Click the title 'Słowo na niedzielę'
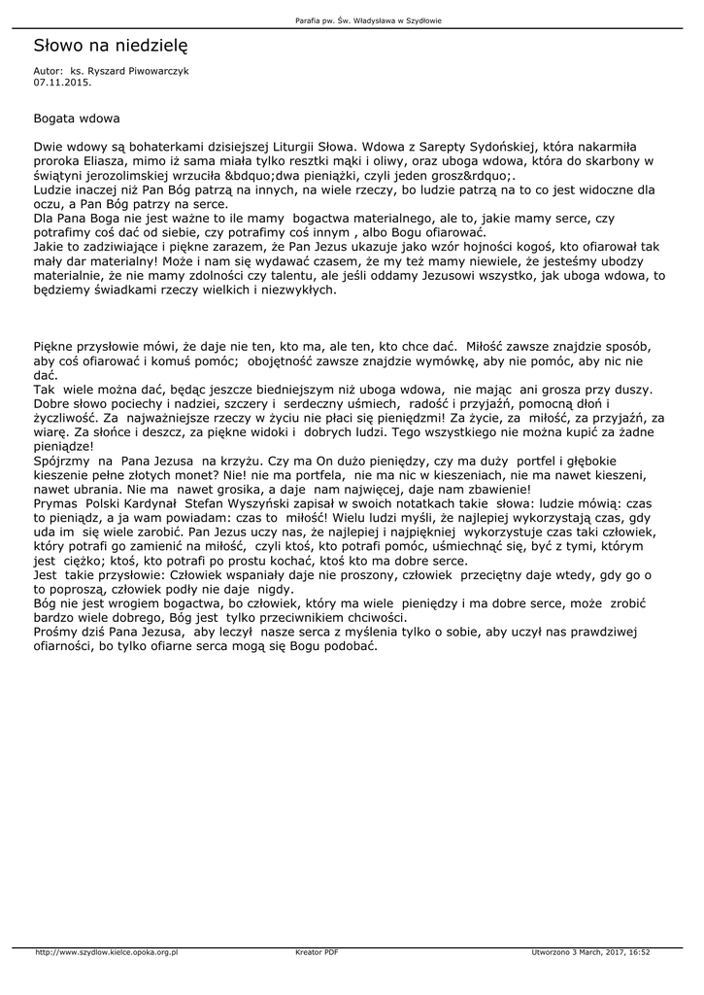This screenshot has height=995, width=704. click(110, 46)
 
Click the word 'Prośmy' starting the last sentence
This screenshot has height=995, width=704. click(56, 635)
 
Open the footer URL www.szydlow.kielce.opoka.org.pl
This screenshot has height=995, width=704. click(107, 953)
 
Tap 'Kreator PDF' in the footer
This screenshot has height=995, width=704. click(317, 953)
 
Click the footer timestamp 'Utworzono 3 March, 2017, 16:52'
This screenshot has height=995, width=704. click(591, 953)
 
